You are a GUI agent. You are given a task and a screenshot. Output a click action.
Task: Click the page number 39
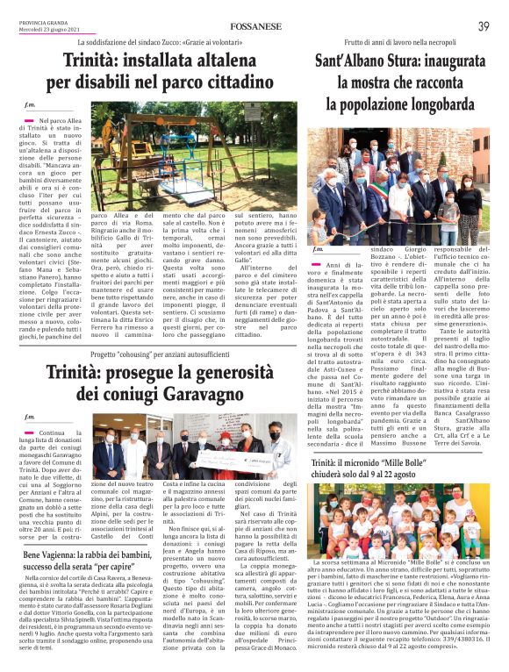[484, 26]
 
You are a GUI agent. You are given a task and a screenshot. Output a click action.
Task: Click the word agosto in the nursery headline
[439, 475]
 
